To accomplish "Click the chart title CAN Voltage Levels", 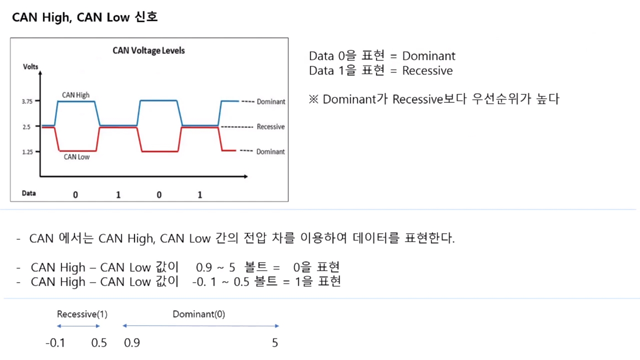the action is pyautogui.click(x=149, y=51).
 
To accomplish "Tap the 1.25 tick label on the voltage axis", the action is pyautogui.click(x=27, y=152).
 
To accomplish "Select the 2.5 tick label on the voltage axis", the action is pyautogui.click(x=27, y=127).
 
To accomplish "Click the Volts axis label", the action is pyautogui.click(x=31, y=67).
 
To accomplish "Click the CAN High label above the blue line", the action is pyautogui.click(x=76, y=95).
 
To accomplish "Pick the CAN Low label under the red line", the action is pyautogui.click(x=77, y=157).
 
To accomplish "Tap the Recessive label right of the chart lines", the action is pyautogui.click(x=271, y=127).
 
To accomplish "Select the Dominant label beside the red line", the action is pyautogui.click(x=270, y=152).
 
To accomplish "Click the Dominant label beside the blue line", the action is pyautogui.click(x=271, y=101).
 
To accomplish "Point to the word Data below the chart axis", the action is pyautogui.click(x=29, y=193).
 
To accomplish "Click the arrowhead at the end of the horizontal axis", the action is pyautogui.click(x=246, y=176).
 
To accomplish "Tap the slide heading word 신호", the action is pyautogui.click(x=146, y=17).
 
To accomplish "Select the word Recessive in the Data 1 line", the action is pyautogui.click(x=427, y=70).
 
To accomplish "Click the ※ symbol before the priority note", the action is pyautogui.click(x=314, y=99).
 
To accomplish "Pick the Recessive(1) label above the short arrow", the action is pyautogui.click(x=82, y=314).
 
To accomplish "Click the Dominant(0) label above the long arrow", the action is pyautogui.click(x=199, y=314).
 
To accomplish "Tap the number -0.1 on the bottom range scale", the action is pyautogui.click(x=55, y=343).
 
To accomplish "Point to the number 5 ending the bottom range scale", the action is pyautogui.click(x=275, y=343).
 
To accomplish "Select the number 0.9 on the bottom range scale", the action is pyautogui.click(x=132, y=343).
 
